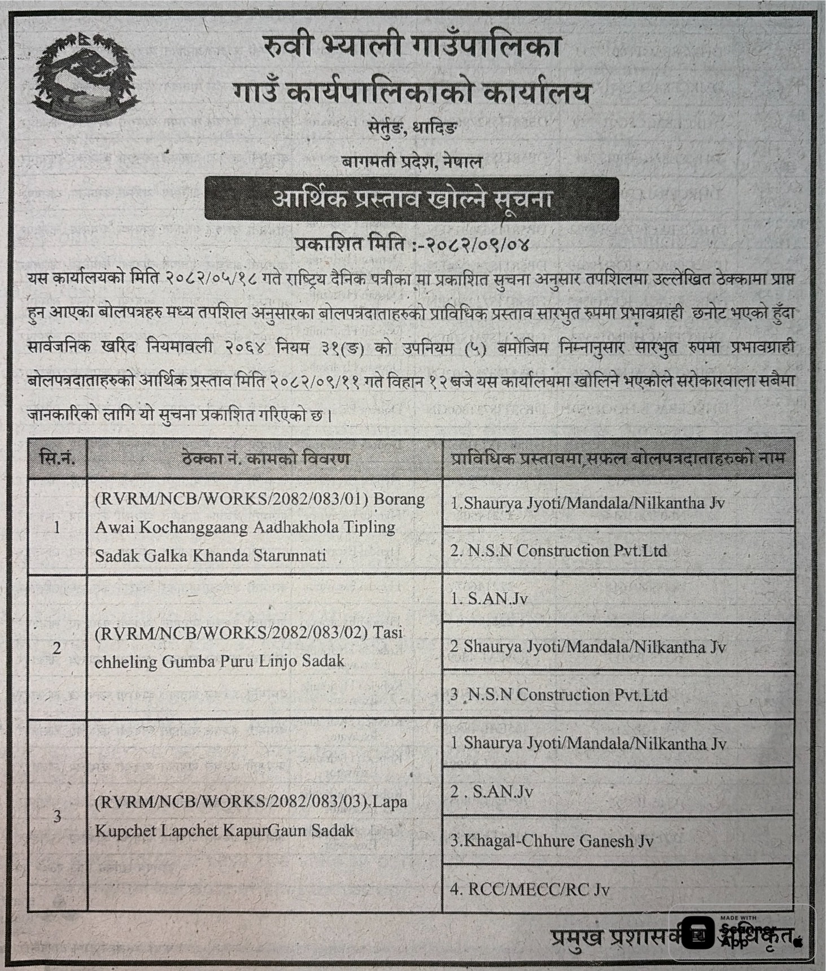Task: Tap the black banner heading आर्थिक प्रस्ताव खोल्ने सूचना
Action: (x=412, y=199)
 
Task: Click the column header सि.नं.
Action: (x=57, y=458)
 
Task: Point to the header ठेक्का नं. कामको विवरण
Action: (x=265, y=458)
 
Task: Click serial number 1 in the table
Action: (x=57, y=527)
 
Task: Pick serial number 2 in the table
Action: (x=57, y=648)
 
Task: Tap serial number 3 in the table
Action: (x=57, y=815)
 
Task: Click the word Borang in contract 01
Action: (x=399, y=499)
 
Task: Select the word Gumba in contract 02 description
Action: (x=186, y=661)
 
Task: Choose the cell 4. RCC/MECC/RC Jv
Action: (x=530, y=890)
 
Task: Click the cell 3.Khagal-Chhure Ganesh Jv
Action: (x=551, y=841)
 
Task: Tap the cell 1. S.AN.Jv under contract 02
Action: (x=489, y=598)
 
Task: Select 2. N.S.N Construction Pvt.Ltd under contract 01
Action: (x=558, y=550)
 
